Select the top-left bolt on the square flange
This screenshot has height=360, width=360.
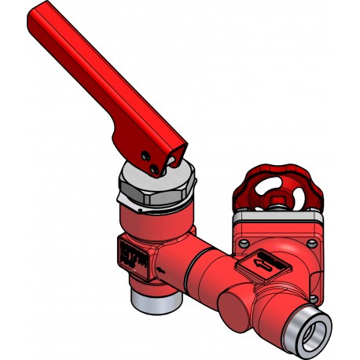(x=242, y=241)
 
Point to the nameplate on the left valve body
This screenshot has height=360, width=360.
(x=133, y=258)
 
